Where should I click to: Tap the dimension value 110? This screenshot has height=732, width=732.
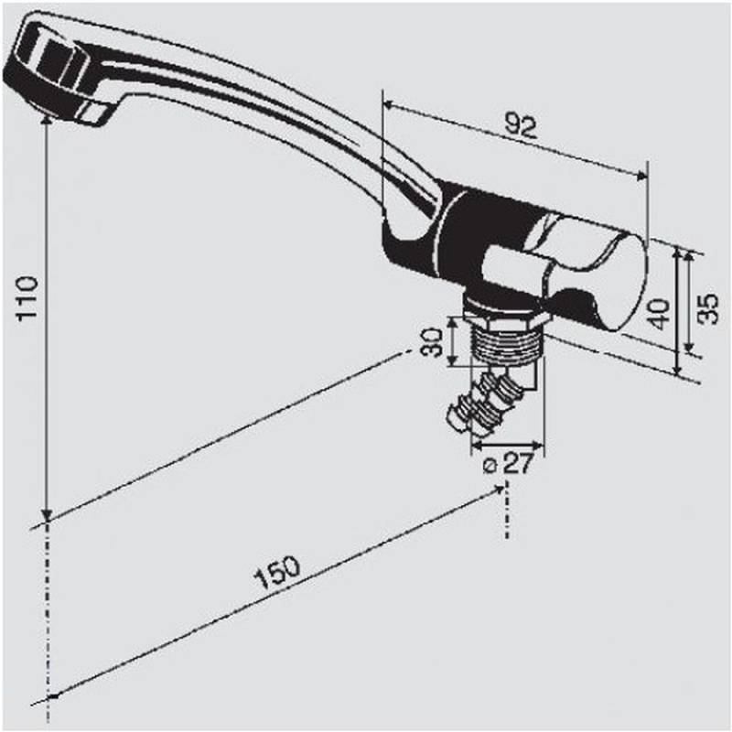point(27,296)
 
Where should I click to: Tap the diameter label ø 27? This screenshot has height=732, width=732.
point(507,464)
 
